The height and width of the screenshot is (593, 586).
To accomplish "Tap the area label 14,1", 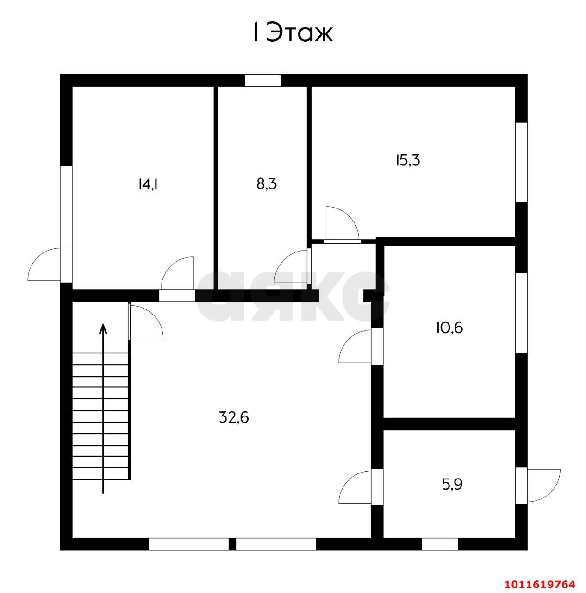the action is coord(148,185).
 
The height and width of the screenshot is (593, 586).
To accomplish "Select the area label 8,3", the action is coord(267,184).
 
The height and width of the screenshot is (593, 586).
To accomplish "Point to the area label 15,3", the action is coord(408,160).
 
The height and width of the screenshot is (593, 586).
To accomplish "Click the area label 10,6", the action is coord(449,328).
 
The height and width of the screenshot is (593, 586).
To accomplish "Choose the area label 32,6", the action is coord(234,417).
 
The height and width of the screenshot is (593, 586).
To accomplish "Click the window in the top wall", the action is coord(263,80).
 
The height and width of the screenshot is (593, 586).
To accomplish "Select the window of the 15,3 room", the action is coord(521,163).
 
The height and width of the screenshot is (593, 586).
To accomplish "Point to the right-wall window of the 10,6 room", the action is coord(521,312).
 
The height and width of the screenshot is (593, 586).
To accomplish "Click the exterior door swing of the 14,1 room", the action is coord(44,264).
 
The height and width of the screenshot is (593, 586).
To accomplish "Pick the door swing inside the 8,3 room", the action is coord(291,266).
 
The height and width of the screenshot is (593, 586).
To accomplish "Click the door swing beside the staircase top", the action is coord(146,322).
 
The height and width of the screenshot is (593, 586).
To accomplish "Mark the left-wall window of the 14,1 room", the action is coord(66,206).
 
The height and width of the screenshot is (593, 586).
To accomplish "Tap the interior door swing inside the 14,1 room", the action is coord(177,273).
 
